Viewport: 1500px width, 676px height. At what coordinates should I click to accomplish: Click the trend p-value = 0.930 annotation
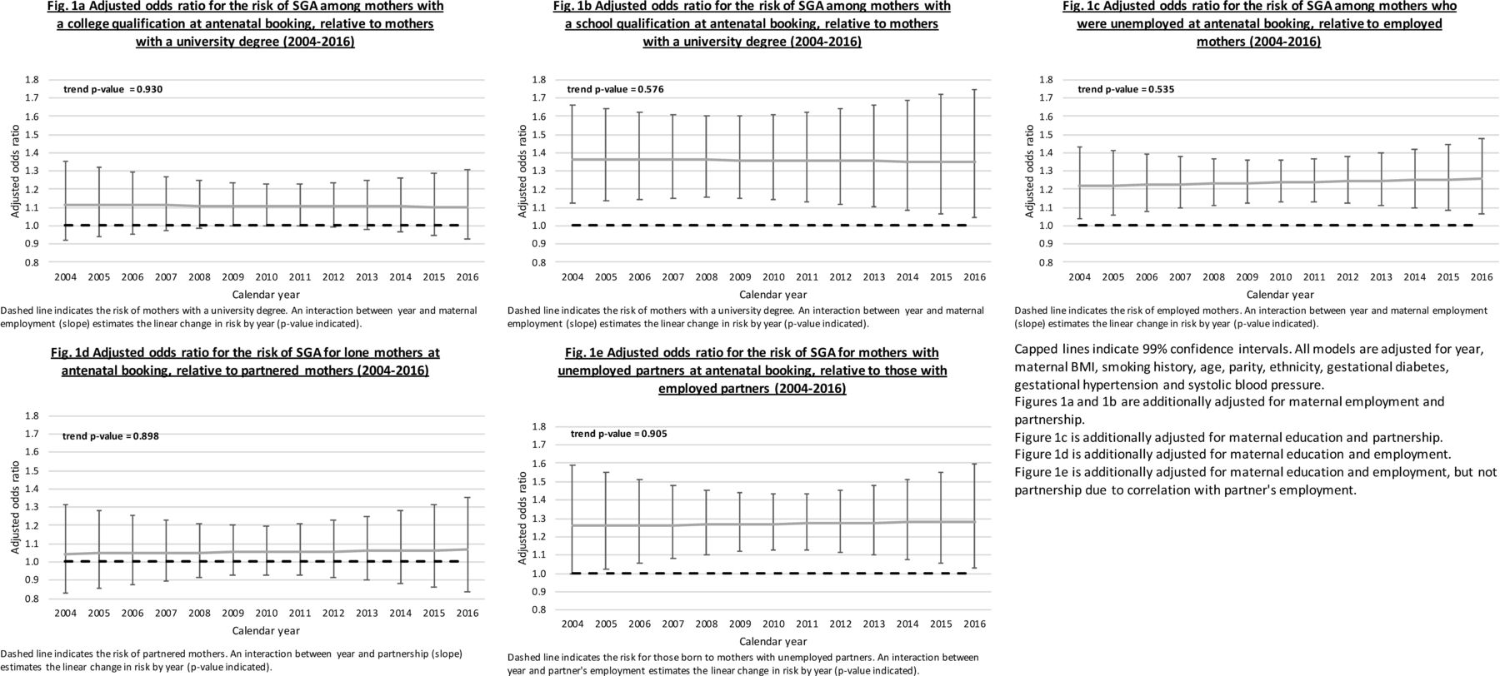[x=113, y=89]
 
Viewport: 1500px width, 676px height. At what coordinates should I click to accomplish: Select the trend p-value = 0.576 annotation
[x=616, y=89]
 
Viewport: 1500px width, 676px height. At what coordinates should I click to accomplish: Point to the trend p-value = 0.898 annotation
[x=111, y=436]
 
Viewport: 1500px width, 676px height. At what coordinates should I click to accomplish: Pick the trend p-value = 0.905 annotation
[x=619, y=434]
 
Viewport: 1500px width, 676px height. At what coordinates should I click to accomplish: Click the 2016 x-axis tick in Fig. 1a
[x=467, y=276]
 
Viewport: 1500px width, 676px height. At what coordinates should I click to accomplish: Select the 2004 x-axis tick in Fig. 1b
[x=572, y=276]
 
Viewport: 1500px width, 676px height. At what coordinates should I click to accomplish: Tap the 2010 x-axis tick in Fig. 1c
[x=1280, y=276]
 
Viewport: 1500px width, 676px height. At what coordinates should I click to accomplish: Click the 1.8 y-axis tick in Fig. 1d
[x=32, y=415]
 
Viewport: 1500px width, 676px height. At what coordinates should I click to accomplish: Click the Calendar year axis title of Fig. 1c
[x=1280, y=295]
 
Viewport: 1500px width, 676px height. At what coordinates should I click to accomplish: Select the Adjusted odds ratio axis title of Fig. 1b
[x=522, y=171]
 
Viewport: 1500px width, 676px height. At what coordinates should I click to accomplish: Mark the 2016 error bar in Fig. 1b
[x=974, y=154]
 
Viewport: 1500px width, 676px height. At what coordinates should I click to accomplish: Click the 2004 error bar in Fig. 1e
[x=572, y=519]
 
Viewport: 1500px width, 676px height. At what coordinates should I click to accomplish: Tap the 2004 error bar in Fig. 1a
[x=66, y=201]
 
